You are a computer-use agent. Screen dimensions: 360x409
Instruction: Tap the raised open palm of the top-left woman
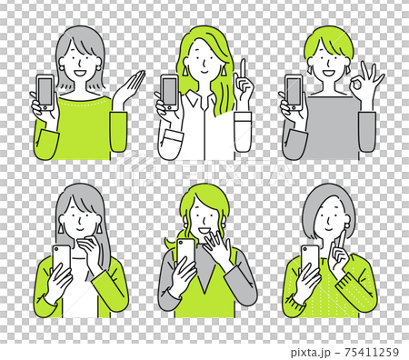tap(128, 90)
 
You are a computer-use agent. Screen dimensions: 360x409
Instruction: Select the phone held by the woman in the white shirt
tap(169, 92)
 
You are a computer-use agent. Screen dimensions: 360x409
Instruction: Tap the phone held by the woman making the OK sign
tap(294, 92)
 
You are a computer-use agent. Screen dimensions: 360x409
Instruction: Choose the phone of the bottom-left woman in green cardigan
tap(62, 264)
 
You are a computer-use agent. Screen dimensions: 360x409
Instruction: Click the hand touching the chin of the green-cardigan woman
tap(91, 241)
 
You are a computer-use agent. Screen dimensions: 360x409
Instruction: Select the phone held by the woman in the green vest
tap(185, 256)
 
